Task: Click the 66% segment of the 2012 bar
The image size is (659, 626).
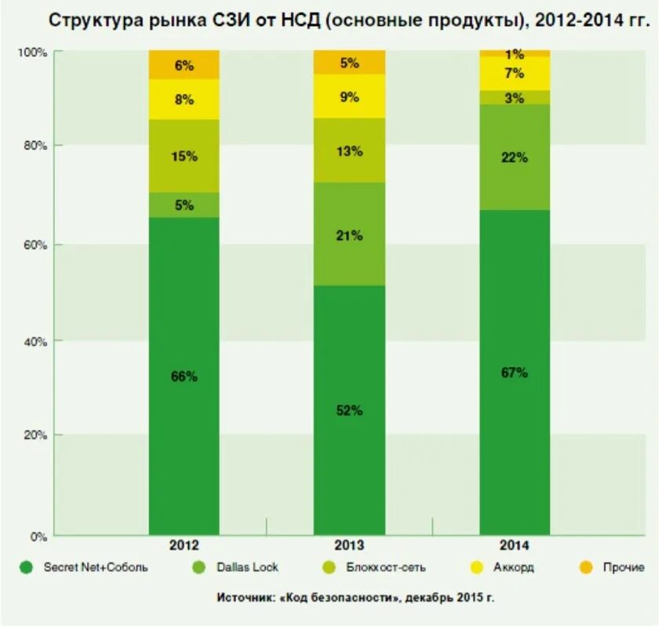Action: tap(184, 377)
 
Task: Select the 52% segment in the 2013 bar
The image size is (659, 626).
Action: tap(349, 410)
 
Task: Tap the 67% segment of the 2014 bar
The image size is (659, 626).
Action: tap(515, 373)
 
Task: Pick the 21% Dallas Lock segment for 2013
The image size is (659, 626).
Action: tap(349, 235)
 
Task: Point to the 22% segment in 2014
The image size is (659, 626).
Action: tap(515, 157)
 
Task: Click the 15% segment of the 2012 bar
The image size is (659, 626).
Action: tap(184, 156)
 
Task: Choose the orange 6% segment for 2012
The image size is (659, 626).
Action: tap(184, 66)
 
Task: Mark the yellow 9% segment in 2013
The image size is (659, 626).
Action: tap(349, 96)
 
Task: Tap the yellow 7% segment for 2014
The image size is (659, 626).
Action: tap(515, 74)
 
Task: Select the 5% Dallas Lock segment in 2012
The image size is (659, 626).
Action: tap(184, 206)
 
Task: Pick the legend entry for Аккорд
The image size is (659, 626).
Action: tap(511, 567)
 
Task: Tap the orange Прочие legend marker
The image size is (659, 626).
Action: tap(586, 567)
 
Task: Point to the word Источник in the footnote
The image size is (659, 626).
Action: tap(245, 598)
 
